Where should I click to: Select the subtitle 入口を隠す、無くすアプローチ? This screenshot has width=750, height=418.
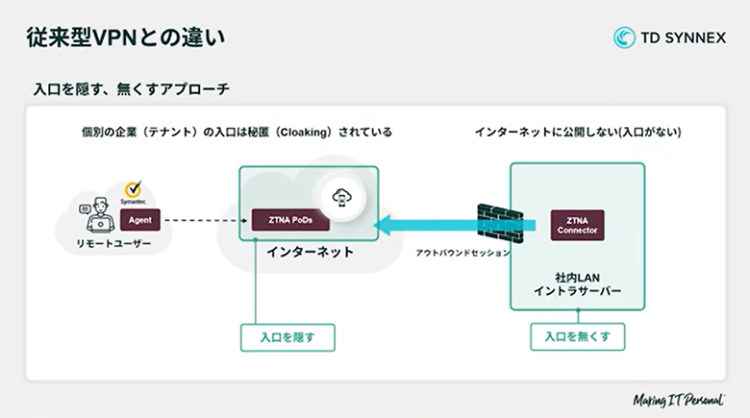point(132,89)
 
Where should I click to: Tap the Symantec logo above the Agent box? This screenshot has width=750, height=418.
point(136,191)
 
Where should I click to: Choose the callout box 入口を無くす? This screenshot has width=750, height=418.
point(578,337)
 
